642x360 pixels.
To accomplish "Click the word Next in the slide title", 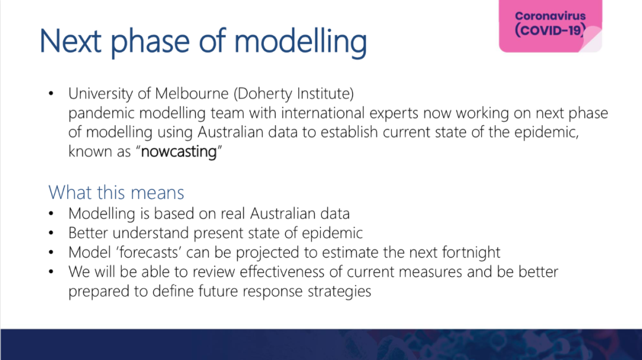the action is click(x=70, y=41).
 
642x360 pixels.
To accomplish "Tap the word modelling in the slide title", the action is click(x=301, y=43).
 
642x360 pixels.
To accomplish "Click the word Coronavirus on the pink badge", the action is click(x=550, y=16).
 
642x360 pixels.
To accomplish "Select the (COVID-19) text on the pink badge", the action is click(x=550, y=30).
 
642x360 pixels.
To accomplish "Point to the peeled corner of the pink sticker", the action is click(x=591, y=40).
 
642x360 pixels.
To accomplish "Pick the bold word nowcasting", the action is click(x=178, y=151).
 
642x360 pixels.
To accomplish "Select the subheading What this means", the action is click(x=117, y=192).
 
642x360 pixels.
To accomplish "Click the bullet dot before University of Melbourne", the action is click(x=51, y=94).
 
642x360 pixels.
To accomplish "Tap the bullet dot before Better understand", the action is click(x=51, y=233).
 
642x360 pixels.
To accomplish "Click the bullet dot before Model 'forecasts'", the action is click(x=51, y=252).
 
